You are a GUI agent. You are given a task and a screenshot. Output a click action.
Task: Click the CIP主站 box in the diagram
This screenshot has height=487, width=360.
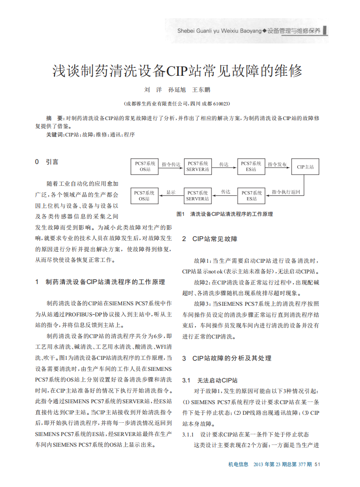click(305, 167)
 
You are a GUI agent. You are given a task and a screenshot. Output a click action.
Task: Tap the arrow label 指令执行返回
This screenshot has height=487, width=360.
click(286, 192)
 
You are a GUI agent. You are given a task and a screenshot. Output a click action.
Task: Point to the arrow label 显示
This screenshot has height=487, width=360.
click(171, 192)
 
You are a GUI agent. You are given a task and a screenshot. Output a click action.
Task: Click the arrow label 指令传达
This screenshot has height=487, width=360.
click(171, 164)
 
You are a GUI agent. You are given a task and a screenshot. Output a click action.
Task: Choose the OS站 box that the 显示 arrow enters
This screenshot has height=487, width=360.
click(145, 195)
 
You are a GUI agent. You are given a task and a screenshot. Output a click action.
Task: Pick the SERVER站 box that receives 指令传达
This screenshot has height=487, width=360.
click(198, 167)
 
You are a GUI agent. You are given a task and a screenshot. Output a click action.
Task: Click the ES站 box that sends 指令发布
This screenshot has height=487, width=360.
click(251, 167)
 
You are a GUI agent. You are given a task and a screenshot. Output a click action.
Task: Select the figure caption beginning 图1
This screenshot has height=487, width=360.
click(224, 214)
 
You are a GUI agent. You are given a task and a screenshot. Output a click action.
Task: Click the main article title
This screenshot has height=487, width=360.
click(177, 71)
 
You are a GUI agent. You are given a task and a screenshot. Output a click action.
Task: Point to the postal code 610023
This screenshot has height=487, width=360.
click(220, 104)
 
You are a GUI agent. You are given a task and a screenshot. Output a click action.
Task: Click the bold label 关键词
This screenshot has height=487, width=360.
click(55, 134)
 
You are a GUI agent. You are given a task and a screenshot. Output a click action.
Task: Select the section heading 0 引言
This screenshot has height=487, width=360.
click(47, 162)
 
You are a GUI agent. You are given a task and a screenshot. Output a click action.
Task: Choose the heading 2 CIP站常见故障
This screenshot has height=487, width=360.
click(210, 239)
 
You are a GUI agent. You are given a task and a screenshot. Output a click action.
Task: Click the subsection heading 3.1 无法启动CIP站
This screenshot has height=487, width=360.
click(210, 380)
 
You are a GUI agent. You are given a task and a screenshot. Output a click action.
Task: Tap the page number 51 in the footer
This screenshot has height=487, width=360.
click(317, 464)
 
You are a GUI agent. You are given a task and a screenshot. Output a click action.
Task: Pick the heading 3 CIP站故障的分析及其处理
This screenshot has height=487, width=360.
click(227, 358)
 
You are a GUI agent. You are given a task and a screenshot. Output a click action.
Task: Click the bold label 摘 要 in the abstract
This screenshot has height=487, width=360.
click(55, 118)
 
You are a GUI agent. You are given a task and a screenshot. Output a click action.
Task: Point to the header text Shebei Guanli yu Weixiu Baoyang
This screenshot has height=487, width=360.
click(219, 31)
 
